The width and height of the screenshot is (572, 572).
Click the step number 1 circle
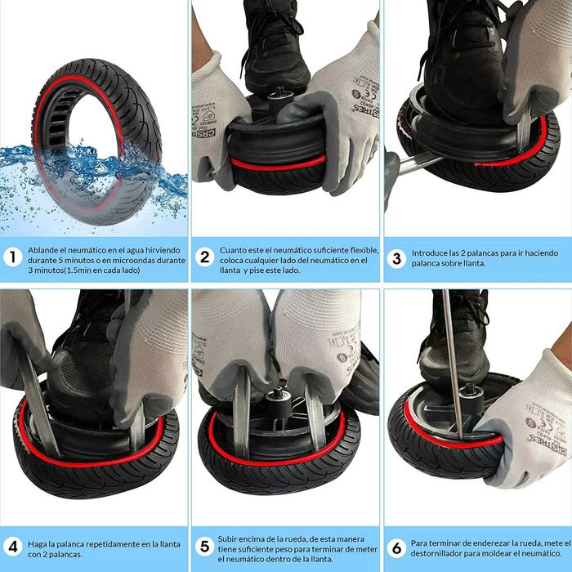pyautogui.click(x=13, y=257)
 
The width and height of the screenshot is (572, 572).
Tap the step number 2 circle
pyautogui.click(x=204, y=257)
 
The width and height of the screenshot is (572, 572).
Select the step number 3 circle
pyautogui.click(x=396, y=258)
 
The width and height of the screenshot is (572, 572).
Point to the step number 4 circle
pyautogui.click(x=13, y=547)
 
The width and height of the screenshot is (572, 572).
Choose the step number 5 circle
pyautogui.click(x=204, y=547)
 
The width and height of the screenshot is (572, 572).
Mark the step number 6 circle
pyautogui.click(x=396, y=548)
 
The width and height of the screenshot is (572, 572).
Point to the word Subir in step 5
pyautogui.click(x=227, y=538)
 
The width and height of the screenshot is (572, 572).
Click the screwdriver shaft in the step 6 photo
pyautogui.click(x=453, y=364)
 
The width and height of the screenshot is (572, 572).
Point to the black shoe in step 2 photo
pyautogui.click(x=275, y=47)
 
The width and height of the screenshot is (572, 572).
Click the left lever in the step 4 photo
pyautogui.click(x=38, y=405)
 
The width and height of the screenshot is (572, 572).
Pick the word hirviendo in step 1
pyautogui.click(x=163, y=250)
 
